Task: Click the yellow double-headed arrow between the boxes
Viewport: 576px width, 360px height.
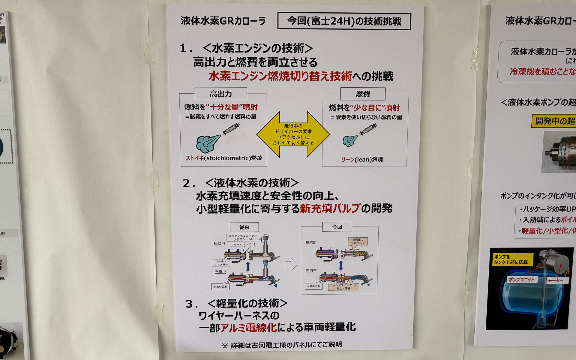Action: point(293,134)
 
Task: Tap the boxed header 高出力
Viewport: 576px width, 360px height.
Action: point(221,94)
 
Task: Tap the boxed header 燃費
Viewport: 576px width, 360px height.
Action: point(363,94)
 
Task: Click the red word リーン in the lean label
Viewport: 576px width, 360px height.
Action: point(347,160)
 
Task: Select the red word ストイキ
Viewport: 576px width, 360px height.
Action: point(195,158)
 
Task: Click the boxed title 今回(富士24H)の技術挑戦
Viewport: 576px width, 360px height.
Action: point(344,21)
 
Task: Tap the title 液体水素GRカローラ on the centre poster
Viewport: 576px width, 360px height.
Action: point(223,21)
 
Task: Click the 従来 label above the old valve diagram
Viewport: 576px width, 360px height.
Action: point(244,227)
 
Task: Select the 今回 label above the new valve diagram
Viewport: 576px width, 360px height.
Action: point(337,227)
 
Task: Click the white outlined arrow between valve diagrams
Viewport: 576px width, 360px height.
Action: point(290,265)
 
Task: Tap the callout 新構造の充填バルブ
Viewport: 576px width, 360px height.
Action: point(358,241)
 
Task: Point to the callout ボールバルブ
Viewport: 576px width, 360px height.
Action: point(242,244)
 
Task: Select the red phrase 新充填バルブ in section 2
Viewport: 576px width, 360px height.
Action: point(329,208)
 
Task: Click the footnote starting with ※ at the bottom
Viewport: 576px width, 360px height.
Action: point(282,345)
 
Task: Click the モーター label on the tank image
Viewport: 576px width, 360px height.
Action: point(555,280)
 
